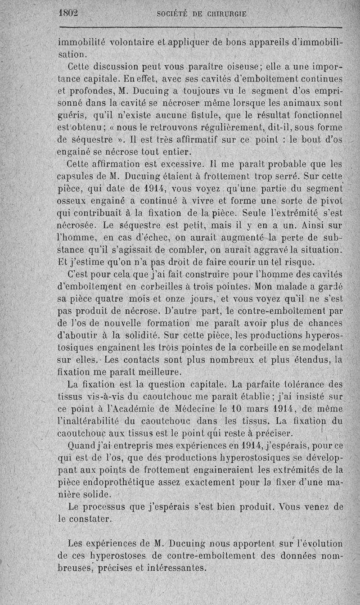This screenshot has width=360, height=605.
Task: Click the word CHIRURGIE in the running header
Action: click(223, 14)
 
